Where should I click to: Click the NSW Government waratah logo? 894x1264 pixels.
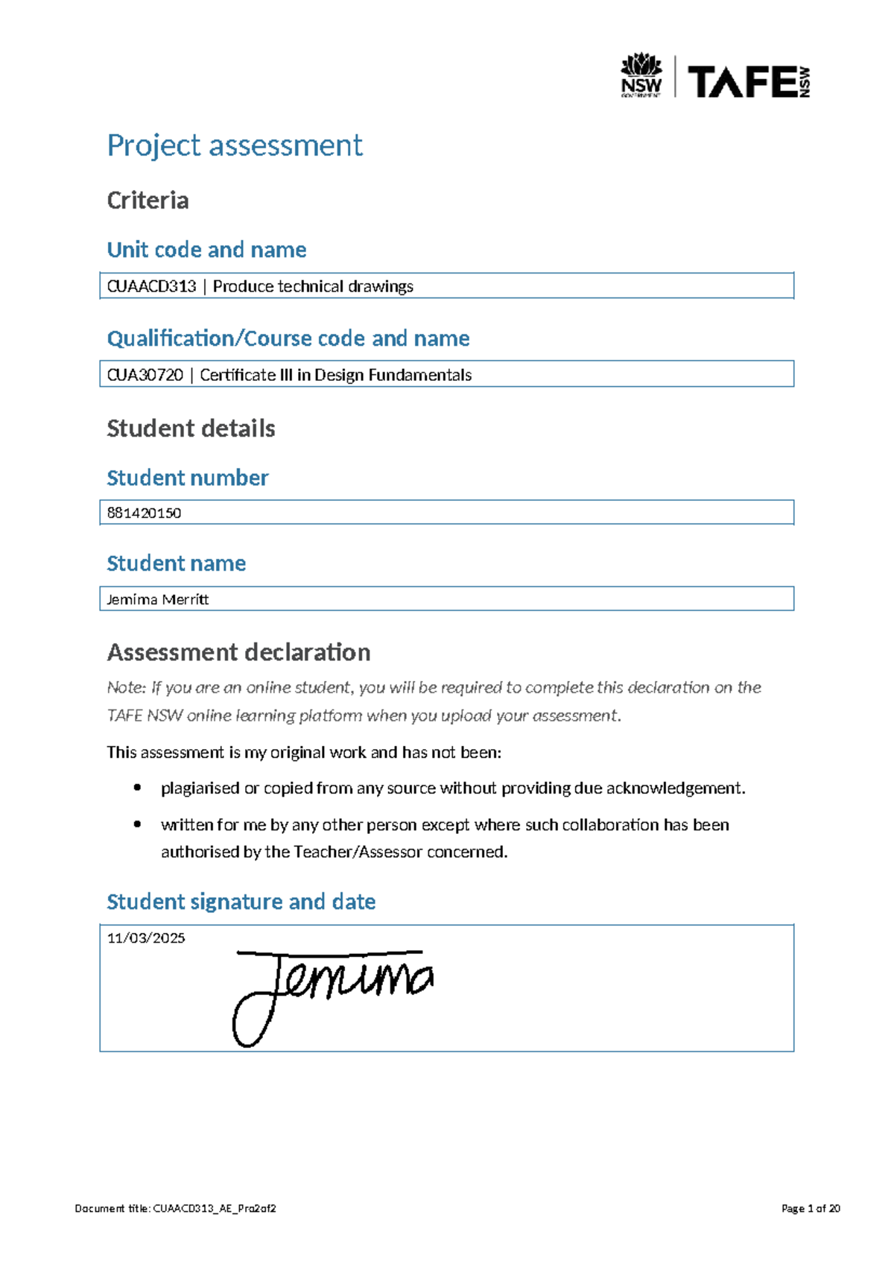641,75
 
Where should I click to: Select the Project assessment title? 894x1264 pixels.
235,145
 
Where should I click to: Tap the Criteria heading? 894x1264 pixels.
148,200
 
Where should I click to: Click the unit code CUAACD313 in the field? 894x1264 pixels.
151,286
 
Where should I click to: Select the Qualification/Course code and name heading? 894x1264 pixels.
288,338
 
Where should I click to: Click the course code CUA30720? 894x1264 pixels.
145,375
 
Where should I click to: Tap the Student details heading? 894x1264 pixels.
191,429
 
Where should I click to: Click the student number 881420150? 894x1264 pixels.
144,513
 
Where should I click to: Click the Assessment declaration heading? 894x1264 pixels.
238,652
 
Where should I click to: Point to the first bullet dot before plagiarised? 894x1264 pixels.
137,788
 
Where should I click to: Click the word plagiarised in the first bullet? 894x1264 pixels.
200,788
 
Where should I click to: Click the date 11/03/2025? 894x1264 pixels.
146,938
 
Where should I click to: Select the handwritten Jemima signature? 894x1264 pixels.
332,987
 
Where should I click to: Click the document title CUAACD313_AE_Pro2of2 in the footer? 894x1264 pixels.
215,1208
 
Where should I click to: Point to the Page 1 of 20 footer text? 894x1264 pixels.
811,1208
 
